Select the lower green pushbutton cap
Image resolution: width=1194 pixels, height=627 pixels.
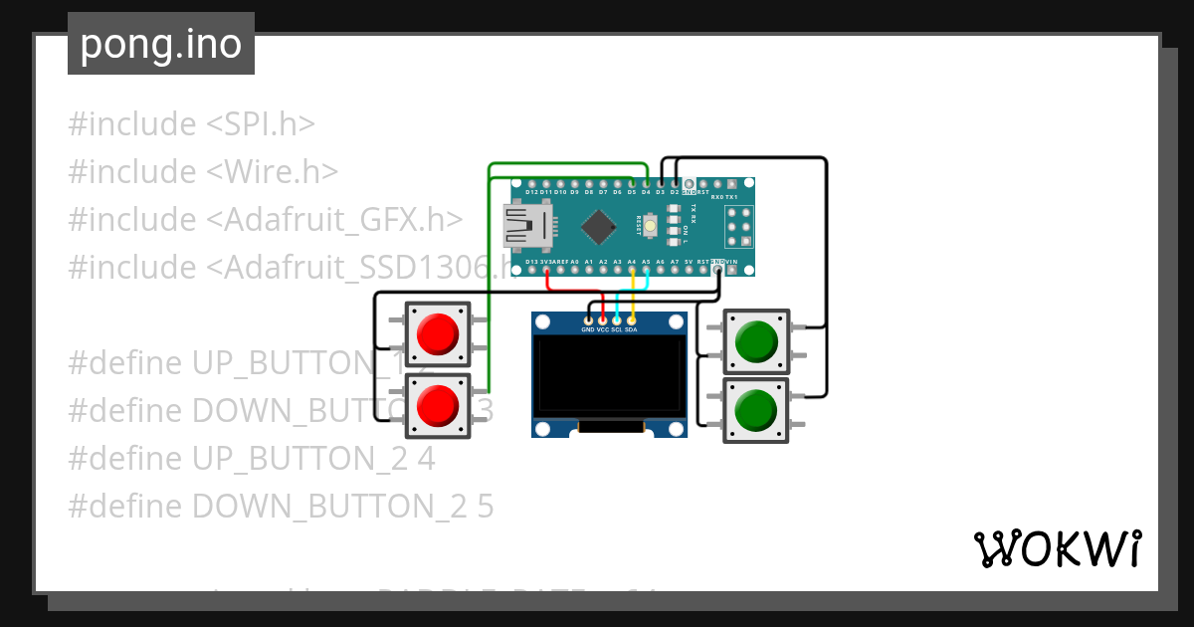tap(756, 409)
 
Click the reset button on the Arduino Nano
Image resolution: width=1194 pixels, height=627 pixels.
tap(650, 228)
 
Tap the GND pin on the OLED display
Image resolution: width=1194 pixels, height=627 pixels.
tap(588, 319)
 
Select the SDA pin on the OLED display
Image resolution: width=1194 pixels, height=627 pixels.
tap(631, 319)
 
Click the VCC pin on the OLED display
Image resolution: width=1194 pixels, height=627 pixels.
tap(602, 319)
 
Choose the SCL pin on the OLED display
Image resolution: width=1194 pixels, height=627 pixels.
tap(617, 319)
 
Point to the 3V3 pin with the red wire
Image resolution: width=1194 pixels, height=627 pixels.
tap(546, 270)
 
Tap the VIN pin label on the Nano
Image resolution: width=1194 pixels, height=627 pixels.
tap(732, 262)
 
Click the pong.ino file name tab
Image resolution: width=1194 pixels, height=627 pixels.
tap(160, 44)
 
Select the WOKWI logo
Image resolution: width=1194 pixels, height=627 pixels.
tap(1058, 548)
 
